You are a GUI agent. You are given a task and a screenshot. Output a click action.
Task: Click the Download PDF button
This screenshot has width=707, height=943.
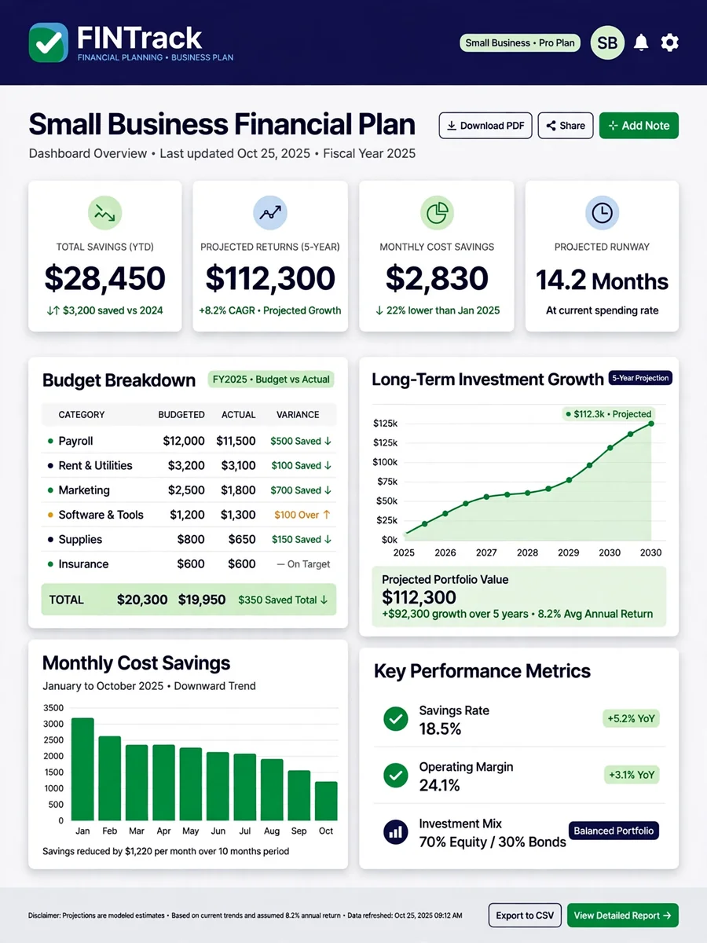485,126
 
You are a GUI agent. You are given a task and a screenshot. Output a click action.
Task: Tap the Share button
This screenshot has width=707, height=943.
566,126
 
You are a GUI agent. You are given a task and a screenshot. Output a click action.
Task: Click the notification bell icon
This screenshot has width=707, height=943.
641,42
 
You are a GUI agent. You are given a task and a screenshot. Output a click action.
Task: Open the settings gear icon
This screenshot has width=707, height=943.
669,42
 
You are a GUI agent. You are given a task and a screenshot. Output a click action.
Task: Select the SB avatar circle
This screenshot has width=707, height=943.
607,42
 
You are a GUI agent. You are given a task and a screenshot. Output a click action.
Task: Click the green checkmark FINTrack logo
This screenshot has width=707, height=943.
49,42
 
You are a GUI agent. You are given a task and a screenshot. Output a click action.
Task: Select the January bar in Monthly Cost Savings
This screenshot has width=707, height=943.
82,769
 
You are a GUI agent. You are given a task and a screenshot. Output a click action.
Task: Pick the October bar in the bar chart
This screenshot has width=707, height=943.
326,801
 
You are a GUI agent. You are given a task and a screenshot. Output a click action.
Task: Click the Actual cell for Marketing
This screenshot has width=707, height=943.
238,490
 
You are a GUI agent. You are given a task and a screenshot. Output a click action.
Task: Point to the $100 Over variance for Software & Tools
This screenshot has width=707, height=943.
302,515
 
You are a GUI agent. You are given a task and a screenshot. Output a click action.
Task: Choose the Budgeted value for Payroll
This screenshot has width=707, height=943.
184,441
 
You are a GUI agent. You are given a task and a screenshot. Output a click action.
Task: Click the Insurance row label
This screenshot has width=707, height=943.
83,563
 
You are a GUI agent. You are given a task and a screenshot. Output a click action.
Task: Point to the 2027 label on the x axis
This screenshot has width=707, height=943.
486,552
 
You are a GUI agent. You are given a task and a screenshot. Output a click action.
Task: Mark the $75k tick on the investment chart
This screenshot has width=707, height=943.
387,482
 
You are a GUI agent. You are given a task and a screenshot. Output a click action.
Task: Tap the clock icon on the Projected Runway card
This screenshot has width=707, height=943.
602,213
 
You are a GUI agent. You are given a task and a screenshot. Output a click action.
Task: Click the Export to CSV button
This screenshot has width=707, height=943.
525,915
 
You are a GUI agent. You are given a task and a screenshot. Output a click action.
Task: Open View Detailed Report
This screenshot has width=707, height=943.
623,915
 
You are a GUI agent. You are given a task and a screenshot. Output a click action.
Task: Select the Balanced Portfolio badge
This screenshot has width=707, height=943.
614,831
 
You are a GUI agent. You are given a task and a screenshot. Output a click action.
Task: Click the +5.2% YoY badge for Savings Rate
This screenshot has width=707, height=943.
631,718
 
